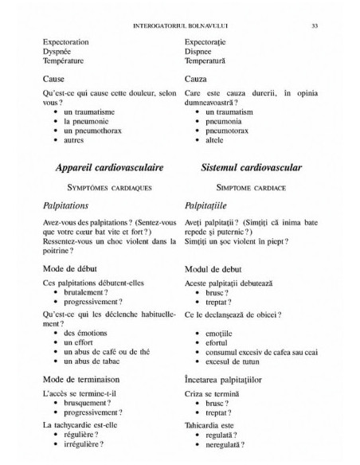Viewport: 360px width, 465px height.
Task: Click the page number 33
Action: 315,25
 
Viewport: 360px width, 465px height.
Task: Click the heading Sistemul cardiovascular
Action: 251,169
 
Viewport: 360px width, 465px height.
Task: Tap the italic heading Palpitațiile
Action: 209,205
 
